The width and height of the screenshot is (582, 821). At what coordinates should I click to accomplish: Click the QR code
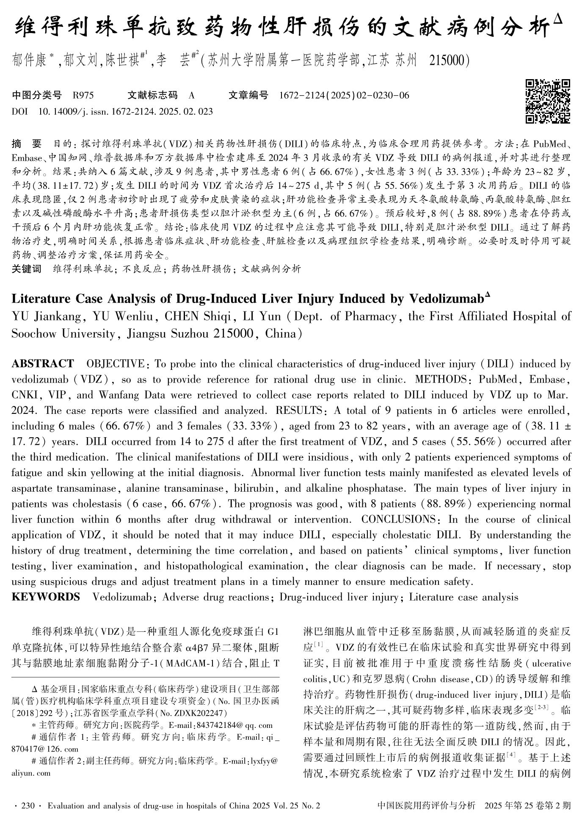pos(548,101)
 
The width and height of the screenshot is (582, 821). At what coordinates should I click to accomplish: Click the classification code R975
pos(83,95)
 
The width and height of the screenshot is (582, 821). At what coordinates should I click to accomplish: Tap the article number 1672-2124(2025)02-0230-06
pos(344,95)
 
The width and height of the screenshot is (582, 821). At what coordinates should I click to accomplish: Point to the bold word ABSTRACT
pos(42,364)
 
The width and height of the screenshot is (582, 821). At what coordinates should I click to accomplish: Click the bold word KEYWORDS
pos(45,597)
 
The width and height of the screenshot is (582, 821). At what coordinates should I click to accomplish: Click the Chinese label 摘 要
pos(26,144)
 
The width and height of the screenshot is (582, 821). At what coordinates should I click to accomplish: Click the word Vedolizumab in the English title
pos(446,299)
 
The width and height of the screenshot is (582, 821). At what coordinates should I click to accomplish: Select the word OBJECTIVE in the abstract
pos(115,364)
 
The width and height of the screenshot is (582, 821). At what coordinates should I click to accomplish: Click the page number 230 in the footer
pos(28,805)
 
